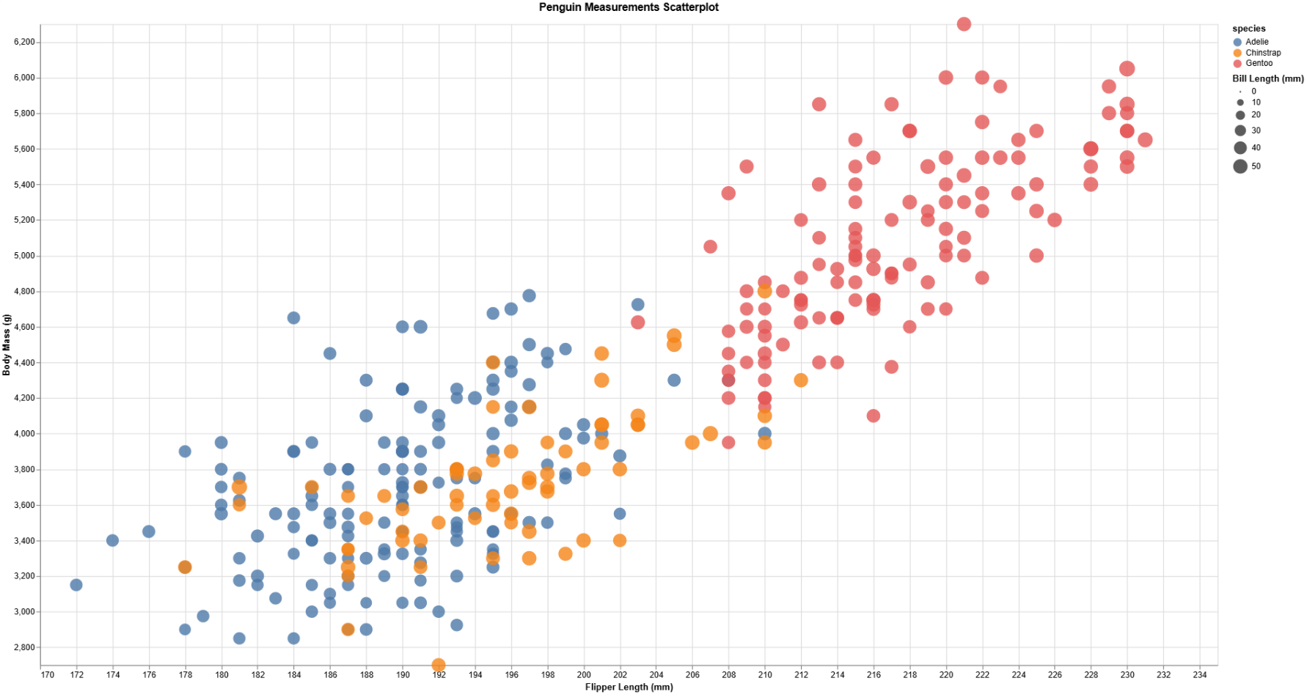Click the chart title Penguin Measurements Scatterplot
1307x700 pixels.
click(629, 7)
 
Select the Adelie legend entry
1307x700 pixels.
click(1256, 42)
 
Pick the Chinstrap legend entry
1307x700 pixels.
click(1263, 53)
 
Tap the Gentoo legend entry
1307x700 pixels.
click(1259, 63)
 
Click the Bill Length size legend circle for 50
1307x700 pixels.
click(1240, 166)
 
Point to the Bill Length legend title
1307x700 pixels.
click(1267, 78)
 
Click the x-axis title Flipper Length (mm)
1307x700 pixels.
click(629, 687)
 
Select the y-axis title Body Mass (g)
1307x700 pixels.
click(7, 345)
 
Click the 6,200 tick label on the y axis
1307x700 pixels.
click(24, 43)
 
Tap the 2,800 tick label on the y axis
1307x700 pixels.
click(24, 647)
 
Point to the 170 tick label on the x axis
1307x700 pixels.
click(48, 675)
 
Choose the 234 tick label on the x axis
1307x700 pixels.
click(1200, 675)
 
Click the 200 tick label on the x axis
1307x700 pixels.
click(584, 675)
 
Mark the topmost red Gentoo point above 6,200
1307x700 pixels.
click(964, 24)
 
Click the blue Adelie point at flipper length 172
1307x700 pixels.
click(76, 585)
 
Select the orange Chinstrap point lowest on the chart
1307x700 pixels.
click(439, 665)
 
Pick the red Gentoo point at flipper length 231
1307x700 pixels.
click(1145, 140)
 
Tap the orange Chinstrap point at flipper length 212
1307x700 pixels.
click(801, 380)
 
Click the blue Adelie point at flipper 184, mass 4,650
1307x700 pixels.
click(293, 318)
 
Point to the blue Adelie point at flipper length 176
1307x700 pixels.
click(149, 531)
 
